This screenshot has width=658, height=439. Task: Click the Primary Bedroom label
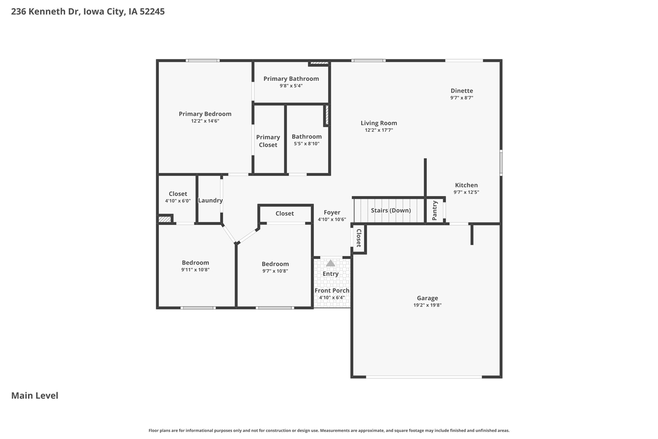(x=205, y=114)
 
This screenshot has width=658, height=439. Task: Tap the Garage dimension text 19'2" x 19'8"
(x=427, y=305)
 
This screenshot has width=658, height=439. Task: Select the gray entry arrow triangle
(x=331, y=263)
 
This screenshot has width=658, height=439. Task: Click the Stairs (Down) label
(x=391, y=210)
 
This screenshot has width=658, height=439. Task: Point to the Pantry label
(x=435, y=210)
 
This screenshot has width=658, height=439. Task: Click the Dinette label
(x=462, y=91)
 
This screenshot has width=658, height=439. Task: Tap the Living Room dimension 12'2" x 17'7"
(x=379, y=130)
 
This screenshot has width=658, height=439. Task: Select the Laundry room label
(x=210, y=200)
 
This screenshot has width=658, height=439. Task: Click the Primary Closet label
(x=268, y=141)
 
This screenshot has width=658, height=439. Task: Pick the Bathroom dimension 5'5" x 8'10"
(x=307, y=144)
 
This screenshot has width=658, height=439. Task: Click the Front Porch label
(x=332, y=290)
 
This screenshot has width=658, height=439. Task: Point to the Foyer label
(x=332, y=212)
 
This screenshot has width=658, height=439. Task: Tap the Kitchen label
(x=466, y=185)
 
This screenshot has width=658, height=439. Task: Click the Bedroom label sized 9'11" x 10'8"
(x=195, y=262)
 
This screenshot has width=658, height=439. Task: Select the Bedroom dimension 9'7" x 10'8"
(x=275, y=271)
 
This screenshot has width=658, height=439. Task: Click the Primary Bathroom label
(x=291, y=79)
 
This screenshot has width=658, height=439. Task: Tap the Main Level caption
(x=35, y=395)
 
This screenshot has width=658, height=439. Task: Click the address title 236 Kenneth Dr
(x=87, y=11)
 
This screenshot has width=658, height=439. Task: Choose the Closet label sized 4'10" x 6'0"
(x=178, y=194)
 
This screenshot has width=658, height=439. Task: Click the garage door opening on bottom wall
(x=424, y=377)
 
